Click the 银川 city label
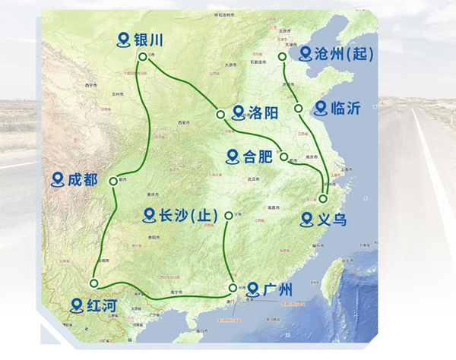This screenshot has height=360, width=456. (x=149, y=40)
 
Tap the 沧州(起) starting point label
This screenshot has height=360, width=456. (x=340, y=53)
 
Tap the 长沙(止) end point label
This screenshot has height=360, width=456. (x=184, y=215)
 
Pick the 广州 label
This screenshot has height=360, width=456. (x=277, y=289)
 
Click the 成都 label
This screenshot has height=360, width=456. (x=83, y=180)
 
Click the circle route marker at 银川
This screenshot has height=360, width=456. (x=141, y=56)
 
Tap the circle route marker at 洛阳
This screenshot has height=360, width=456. (x=220, y=115)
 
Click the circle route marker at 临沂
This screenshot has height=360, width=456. (x=299, y=107)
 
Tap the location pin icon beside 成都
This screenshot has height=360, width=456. (x=56, y=180)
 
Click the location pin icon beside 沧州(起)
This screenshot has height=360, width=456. (x=305, y=53)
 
